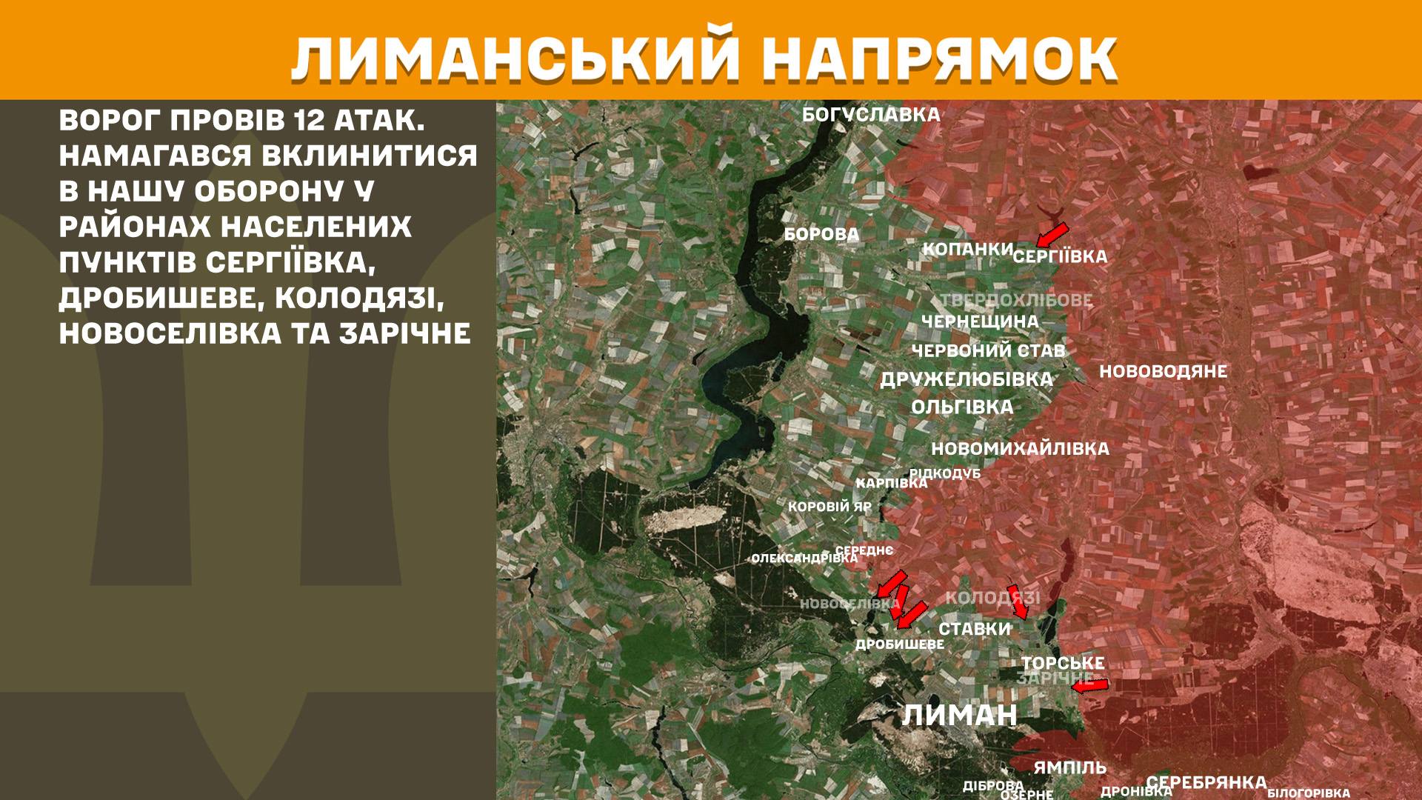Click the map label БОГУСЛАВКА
click(871, 115)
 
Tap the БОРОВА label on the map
click(821, 235)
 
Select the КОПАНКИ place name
click(967, 249)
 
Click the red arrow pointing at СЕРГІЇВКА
click(1052, 233)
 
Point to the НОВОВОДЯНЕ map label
click(1163, 372)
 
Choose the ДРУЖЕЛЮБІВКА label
click(966, 379)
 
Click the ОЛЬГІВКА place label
click(962, 407)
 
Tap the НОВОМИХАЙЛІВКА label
click(1020, 448)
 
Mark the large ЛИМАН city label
click(959, 715)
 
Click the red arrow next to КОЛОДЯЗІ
click(1017, 601)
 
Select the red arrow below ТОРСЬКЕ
click(1090, 686)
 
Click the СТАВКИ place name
click(974, 629)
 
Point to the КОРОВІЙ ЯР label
click(829, 507)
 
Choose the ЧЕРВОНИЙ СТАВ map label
click(988, 350)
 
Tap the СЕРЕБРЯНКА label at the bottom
click(1206, 782)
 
